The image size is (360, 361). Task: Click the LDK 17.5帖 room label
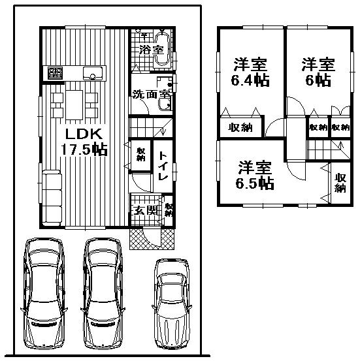[81, 140]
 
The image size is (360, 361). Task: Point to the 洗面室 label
[152, 94]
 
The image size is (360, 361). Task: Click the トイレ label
[163, 163]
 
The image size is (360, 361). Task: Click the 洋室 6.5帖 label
[254, 174]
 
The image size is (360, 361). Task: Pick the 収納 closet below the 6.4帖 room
[240, 127]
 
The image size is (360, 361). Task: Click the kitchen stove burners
[54, 72]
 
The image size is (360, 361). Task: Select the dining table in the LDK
[74, 102]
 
